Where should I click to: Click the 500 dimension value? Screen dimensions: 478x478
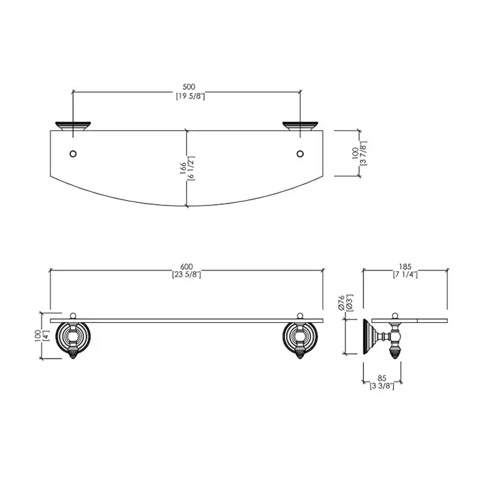[x=189, y=87]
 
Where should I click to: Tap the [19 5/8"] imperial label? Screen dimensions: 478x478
[x=191, y=97]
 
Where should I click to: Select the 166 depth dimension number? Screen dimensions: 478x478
[x=183, y=169]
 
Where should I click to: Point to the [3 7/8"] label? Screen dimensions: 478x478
[x=363, y=153]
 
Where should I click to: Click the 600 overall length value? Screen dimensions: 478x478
[x=186, y=268]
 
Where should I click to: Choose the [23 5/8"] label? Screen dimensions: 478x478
[x=186, y=275]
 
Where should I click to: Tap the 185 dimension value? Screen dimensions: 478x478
[x=406, y=267]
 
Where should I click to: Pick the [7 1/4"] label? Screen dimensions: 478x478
[x=405, y=275]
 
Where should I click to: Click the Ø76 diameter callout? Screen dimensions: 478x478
[x=341, y=303]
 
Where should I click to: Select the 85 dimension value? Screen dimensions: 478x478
[x=382, y=379]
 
